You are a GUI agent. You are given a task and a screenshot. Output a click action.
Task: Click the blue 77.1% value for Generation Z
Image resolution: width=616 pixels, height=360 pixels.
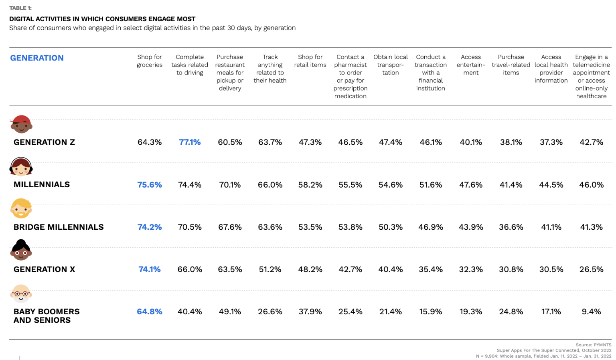[190, 142]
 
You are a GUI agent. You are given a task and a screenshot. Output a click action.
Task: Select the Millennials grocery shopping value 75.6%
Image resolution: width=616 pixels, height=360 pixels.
[150, 185]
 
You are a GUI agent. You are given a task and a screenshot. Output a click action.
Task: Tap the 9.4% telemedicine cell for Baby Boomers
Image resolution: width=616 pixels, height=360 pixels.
[591, 312]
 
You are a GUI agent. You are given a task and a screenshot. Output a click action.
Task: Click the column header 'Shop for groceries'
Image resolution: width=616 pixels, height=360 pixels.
[150, 61]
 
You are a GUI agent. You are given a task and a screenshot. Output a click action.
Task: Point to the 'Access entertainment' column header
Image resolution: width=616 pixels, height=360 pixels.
[471, 65]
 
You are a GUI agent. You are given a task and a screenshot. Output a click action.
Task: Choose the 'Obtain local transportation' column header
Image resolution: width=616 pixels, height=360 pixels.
[391, 65]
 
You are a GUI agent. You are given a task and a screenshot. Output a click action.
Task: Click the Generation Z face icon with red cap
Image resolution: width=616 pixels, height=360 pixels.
[21, 125]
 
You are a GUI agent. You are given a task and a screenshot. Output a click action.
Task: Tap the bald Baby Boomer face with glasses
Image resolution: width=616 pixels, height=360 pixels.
[21, 294]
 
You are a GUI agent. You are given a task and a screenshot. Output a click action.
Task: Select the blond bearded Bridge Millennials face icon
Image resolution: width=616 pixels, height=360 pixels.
[21, 208]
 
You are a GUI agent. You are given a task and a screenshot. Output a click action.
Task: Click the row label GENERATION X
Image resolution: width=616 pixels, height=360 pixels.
[45, 269]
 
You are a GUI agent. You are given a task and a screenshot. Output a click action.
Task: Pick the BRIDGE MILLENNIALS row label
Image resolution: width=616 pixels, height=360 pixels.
[59, 227]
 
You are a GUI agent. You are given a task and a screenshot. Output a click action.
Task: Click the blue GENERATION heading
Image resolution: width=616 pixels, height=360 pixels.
[37, 58]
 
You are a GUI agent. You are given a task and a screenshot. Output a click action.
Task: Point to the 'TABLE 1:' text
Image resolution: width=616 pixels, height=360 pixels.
[20, 8]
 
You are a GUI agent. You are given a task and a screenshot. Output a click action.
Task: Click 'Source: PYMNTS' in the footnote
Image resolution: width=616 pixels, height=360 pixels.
[594, 345]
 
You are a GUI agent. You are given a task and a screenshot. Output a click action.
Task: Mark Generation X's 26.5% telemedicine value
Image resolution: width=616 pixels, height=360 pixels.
[591, 269]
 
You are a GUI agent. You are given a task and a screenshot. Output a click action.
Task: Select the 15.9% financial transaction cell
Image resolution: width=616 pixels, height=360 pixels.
[431, 312]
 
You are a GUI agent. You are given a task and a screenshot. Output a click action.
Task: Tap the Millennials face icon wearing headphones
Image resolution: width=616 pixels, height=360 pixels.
[21, 167]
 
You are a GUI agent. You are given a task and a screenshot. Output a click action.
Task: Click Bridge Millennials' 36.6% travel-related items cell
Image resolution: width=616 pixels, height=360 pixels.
[511, 227]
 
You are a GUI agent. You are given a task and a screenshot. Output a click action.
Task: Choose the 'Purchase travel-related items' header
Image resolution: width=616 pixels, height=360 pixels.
[511, 65]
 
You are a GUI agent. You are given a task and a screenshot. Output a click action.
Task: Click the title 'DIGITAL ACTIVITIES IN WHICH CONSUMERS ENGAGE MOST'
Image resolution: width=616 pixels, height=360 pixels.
[102, 19]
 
